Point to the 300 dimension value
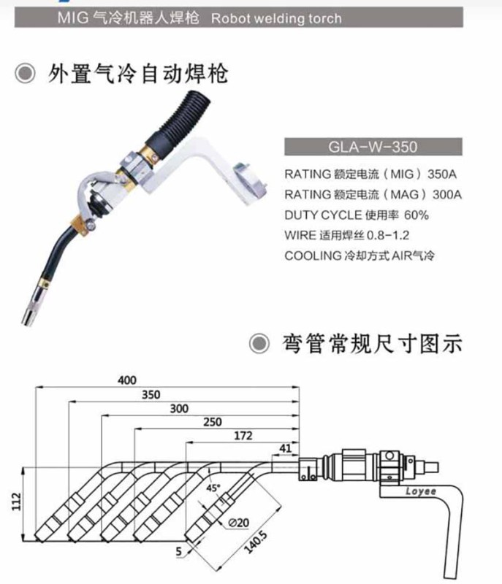tap(178, 409)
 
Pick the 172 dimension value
tap(243, 436)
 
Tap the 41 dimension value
tap(286, 448)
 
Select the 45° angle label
tap(213, 488)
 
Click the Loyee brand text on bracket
tap(420, 491)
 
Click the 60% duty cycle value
tap(414, 215)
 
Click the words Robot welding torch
tap(275, 18)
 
